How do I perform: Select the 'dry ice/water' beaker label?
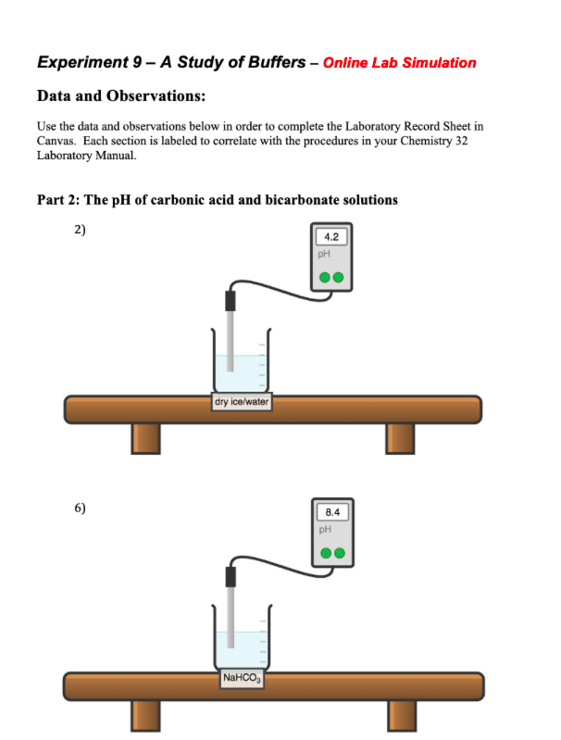coord(241,402)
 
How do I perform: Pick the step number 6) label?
coord(80,508)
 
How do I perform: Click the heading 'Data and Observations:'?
coord(120,96)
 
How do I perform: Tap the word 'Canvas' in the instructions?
coord(56,141)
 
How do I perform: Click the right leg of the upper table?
coord(400,437)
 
